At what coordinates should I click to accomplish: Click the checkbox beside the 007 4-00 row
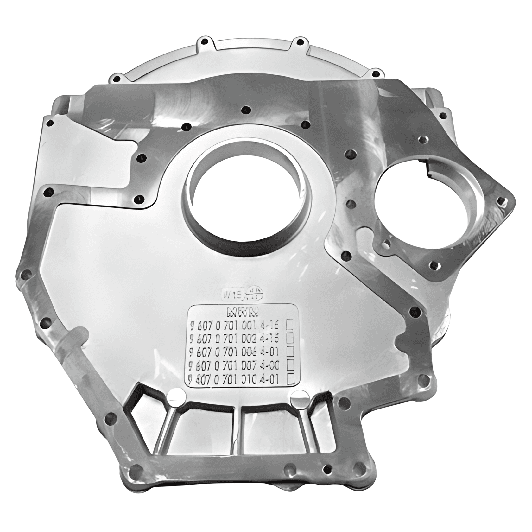(289, 365)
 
